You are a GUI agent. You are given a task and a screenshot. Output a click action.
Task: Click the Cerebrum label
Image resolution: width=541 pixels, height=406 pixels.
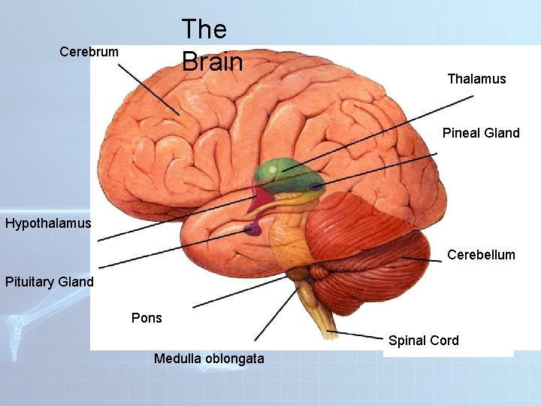(x=89, y=52)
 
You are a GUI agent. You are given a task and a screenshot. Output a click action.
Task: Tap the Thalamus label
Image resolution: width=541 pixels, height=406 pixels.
(x=476, y=79)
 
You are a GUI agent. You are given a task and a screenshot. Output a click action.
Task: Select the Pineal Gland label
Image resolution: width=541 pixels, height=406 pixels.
(x=481, y=133)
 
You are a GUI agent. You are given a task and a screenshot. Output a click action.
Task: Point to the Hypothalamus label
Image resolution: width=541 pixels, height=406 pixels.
(x=48, y=223)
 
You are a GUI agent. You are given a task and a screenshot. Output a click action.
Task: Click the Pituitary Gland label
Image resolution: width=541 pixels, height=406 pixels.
(x=50, y=283)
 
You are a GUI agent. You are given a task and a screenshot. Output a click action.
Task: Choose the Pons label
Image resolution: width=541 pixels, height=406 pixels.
(x=147, y=318)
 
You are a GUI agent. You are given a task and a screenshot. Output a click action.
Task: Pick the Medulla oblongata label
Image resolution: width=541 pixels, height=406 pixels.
(x=209, y=359)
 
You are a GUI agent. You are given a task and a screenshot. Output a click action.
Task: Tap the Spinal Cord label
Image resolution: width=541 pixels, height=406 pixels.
(x=424, y=341)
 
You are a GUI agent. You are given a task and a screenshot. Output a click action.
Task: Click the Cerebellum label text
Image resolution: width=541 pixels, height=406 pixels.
(x=481, y=255)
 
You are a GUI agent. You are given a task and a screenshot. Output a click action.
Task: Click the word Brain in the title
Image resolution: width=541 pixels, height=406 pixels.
(x=212, y=62)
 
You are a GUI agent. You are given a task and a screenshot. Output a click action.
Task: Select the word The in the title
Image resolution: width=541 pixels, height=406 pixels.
(x=204, y=29)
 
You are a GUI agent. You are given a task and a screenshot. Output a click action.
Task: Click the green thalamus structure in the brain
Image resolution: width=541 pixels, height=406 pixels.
(x=278, y=172)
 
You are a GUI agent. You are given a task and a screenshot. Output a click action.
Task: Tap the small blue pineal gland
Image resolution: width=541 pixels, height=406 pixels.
(x=316, y=186)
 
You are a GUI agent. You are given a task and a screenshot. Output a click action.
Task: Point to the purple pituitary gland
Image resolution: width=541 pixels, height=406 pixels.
(x=252, y=229)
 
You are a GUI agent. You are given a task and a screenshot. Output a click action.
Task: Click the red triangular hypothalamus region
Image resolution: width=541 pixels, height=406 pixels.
(x=262, y=200)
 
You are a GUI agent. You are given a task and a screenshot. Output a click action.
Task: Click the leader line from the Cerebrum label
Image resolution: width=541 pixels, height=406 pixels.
(x=148, y=86)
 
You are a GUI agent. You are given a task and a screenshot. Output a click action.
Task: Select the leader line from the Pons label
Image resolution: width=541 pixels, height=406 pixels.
(x=240, y=289)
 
